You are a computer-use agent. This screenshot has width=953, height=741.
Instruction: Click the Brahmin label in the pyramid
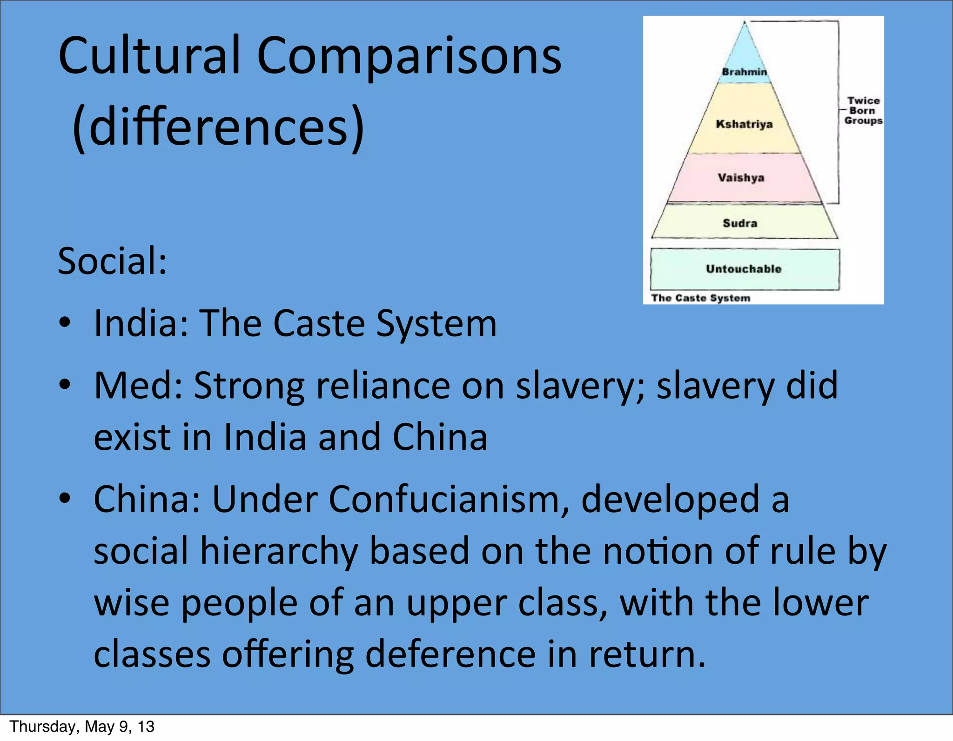[744, 72]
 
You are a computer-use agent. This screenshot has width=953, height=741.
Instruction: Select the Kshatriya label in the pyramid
[744, 124]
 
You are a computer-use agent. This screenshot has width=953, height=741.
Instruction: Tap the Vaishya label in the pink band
[741, 178]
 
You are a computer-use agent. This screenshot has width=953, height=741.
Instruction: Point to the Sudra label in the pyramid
[740, 223]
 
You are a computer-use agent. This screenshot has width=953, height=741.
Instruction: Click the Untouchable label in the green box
[743, 269]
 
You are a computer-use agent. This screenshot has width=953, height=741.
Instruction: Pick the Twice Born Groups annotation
[863, 111]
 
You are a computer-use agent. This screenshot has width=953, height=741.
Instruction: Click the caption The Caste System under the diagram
[700, 298]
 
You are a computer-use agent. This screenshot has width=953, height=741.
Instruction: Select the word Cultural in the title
[149, 56]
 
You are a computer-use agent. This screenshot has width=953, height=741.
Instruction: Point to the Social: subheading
[112, 261]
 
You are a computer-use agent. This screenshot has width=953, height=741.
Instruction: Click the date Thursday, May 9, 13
[82, 727]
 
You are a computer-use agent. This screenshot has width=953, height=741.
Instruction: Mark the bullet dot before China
[65, 498]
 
